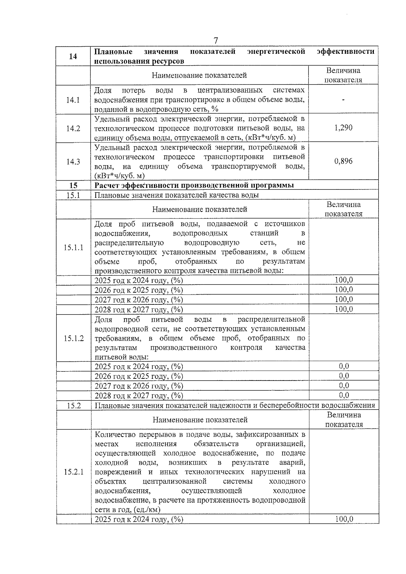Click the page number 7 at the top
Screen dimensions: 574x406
pos(216,41)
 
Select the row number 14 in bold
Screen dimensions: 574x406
pos(73,56)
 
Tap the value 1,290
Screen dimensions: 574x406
pos(343,128)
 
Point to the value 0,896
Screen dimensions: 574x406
pos(343,161)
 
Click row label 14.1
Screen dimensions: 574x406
pos(73,100)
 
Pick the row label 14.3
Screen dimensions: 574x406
pos(73,162)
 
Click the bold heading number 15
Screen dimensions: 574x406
pos(73,185)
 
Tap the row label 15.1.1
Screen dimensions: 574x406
pos(73,248)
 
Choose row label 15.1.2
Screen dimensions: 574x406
pos(73,338)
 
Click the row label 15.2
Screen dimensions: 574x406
pos(73,406)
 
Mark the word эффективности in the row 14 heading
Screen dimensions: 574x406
pos(345,52)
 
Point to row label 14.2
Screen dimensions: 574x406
pos(73,129)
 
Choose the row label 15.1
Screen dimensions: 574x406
pos(73,195)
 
